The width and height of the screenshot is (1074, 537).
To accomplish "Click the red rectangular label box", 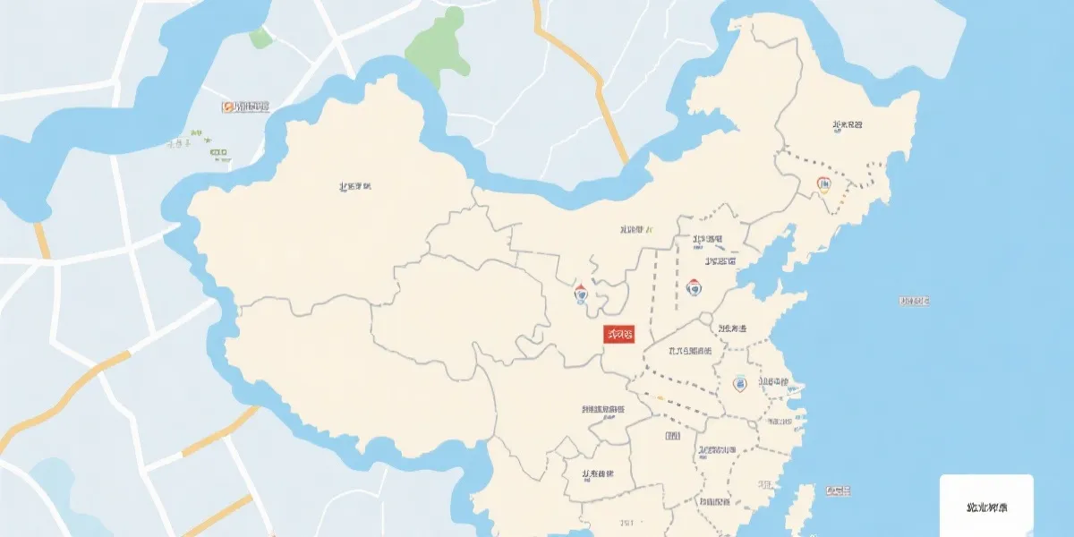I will click(x=618, y=335).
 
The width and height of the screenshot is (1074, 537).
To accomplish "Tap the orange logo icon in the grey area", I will click(x=227, y=107).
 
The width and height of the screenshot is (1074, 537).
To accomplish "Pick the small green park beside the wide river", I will click(x=260, y=37).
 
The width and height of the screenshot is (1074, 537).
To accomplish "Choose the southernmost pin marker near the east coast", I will click(x=739, y=383).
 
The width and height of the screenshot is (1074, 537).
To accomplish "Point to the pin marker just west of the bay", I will click(x=694, y=287).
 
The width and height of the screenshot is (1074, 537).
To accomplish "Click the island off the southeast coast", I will click(x=805, y=506).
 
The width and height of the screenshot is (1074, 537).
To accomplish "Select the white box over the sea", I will click(x=986, y=506).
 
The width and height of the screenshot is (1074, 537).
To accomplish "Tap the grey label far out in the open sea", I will click(x=914, y=301).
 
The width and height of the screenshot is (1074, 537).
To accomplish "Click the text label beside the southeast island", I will click(x=839, y=490).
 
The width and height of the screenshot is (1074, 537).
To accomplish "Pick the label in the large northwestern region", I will click(x=355, y=187).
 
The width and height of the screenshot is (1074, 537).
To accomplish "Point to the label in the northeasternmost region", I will click(x=848, y=125).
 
